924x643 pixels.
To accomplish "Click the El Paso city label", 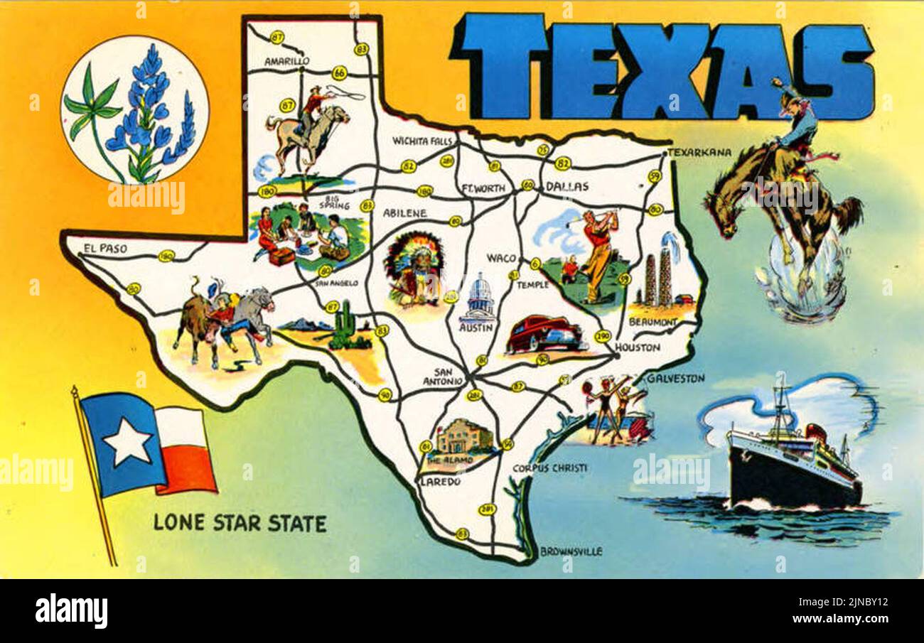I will [x=105, y=248].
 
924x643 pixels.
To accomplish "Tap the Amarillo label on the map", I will [x=286, y=62].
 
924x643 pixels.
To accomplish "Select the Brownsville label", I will [x=571, y=551].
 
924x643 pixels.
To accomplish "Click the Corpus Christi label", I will [x=549, y=468].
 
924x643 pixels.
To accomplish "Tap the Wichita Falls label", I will [x=422, y=141].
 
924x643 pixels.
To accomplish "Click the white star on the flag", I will [x=127, y=441].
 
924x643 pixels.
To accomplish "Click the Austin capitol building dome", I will [x=480, y=286].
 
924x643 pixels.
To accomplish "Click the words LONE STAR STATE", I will [x=240, y=523].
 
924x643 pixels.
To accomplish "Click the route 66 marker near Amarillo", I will [x=339, y=72].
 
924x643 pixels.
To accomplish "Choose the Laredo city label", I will [x=441, y=481].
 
